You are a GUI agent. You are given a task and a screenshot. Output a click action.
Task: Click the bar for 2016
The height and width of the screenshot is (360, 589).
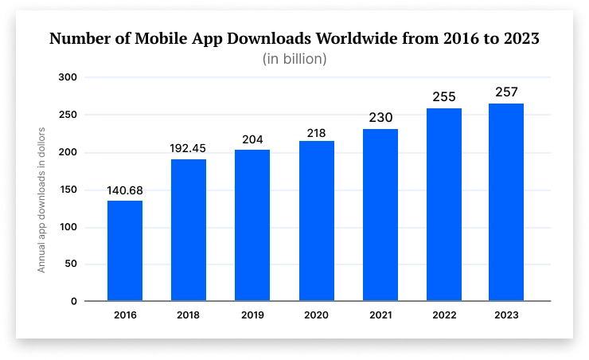(125, 251)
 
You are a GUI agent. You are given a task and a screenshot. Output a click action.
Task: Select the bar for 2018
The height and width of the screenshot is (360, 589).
(189, 230)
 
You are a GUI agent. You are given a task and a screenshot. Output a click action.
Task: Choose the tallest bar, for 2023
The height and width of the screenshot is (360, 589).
(506, 202)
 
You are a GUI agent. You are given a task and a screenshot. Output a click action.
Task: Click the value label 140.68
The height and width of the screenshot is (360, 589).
(125, 190)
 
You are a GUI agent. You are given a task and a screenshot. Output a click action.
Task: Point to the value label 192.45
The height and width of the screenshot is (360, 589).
(189, 148)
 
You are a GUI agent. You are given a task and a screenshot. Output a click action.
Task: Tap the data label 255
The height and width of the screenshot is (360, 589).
(443, 96)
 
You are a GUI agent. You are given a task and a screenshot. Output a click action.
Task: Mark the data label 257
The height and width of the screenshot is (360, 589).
(506, 92)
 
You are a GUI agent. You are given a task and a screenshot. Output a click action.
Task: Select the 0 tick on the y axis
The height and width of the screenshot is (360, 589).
(73, 301)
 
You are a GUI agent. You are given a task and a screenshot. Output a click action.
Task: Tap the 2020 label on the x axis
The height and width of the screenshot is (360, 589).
(316, 315)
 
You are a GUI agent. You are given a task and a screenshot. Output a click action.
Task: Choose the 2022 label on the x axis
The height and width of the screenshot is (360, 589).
(443, 315)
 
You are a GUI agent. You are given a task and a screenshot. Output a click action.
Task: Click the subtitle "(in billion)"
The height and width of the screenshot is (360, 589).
(294, 59)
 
